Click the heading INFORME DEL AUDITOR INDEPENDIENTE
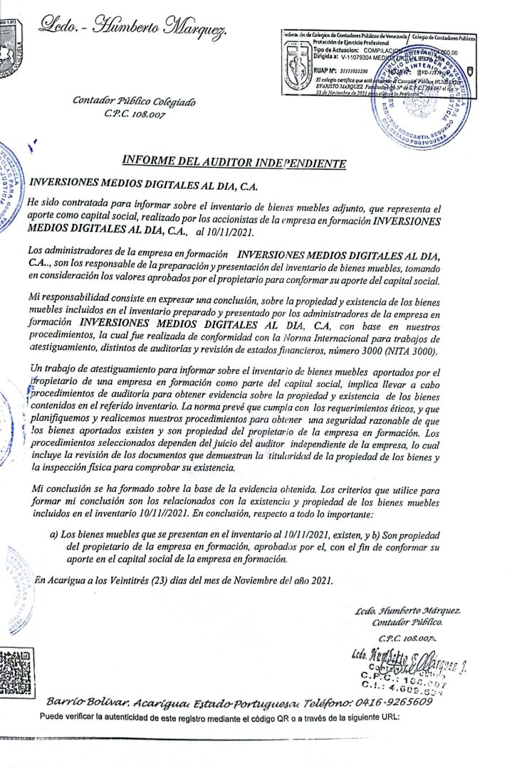(234, 164)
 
